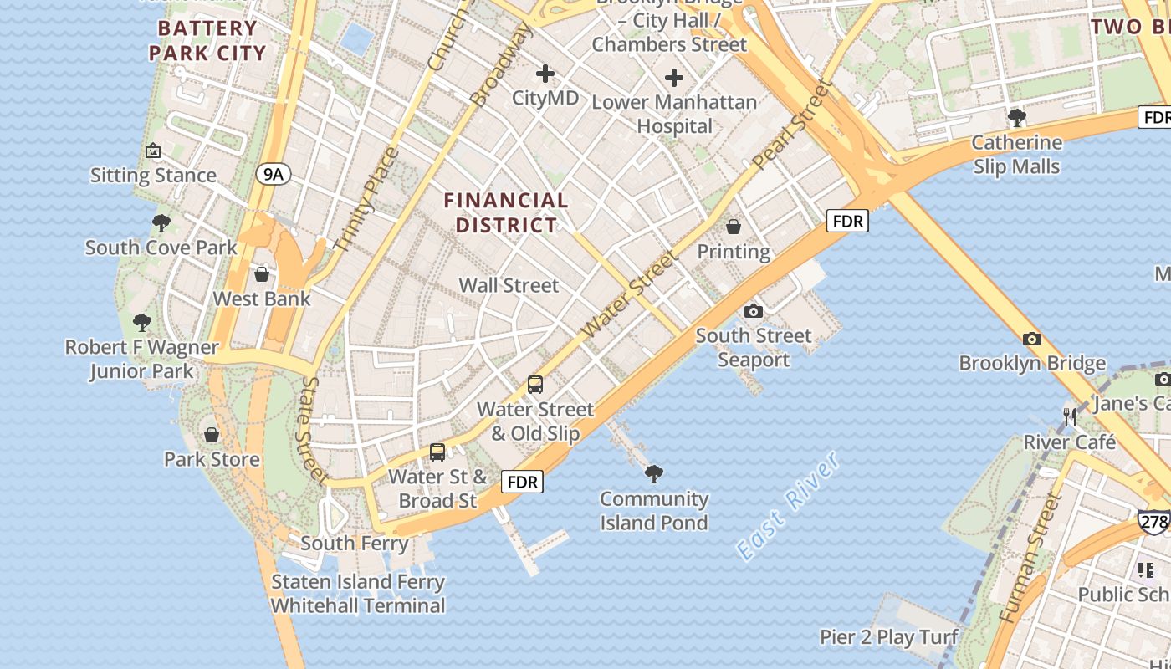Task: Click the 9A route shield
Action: pyautogui.click(x=274, y=174)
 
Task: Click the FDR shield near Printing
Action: pyautogui.click(x=848, y=222)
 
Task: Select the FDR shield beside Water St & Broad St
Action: pyautogui.click(x=523, y=482)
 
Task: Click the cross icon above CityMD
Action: pyautogui.click(x=545, y=74)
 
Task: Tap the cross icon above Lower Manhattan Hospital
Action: pyautogui.click(x=674, y=79)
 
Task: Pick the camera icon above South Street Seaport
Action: pyautogui.click(x=754, y=311)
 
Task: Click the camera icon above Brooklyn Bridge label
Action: pyautogui.click(x=1032, y=339)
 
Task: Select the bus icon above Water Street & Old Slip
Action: pyautogui.click(x=535, y=385)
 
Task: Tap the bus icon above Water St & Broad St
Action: pyautogui.click(x=437, y=452)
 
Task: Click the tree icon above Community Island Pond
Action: pyautogui.click(x=654, y=474)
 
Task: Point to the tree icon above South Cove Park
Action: pyautogui.click(x=161, y=223)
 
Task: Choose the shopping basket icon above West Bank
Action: pyautogui.click(x=262, y=274)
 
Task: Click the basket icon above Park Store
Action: pyautogui.click(x=212, y=435)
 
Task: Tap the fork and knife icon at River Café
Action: pyautogui.click(x=1070, y=416)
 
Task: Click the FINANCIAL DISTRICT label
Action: pyautogui.click(x=506, y=212)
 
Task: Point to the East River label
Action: pyautogui.click(x=787, y=506)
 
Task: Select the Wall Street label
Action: pyautogui.click(x=509, y=285)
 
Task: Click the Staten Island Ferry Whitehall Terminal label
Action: pyautogui.click(x=358, y=594)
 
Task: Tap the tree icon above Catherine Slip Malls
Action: pyautogui.click(x=1017, y=117)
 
